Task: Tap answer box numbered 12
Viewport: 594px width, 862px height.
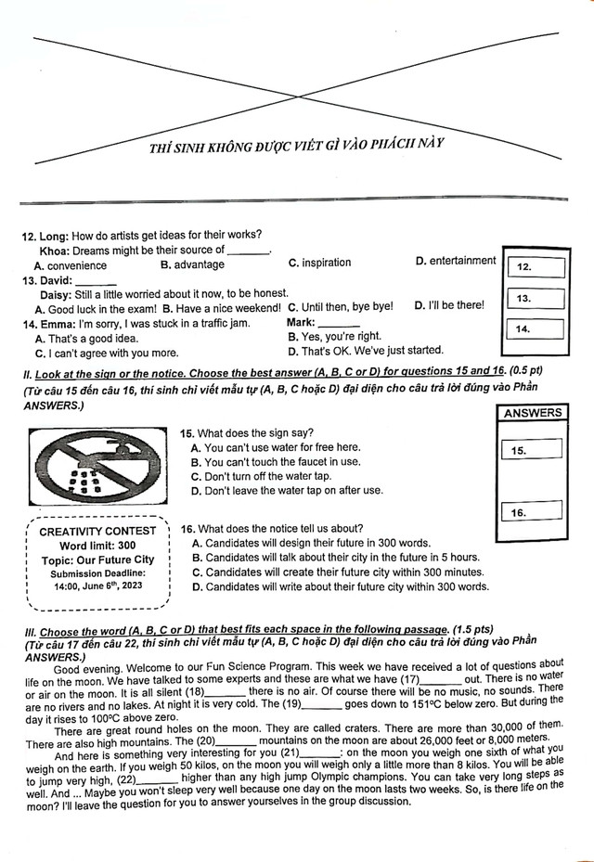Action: [537, 267]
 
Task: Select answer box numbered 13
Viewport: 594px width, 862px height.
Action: [537, 299]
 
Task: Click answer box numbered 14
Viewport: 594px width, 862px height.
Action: [537, 329]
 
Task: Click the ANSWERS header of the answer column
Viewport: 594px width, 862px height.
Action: [532, 413]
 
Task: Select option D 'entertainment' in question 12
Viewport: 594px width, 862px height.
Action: [456, 262]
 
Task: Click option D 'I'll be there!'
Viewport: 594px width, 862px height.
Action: [449, 305]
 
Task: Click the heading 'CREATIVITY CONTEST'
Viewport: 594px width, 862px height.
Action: [97, 532]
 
